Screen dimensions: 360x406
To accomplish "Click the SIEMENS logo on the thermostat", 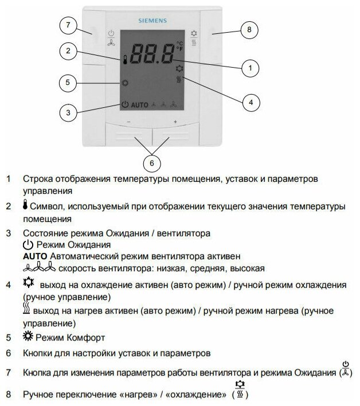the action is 151,21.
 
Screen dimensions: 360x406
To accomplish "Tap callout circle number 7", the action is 68,25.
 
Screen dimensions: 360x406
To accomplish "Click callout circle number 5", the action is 68,83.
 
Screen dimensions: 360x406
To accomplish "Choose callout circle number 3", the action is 68,112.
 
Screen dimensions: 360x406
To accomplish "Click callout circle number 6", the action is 151,163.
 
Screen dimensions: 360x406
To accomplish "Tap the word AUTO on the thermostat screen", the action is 139,105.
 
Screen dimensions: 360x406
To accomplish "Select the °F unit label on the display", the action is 179,49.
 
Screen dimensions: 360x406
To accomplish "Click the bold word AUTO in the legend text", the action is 35,255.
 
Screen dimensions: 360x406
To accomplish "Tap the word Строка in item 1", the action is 37,179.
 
